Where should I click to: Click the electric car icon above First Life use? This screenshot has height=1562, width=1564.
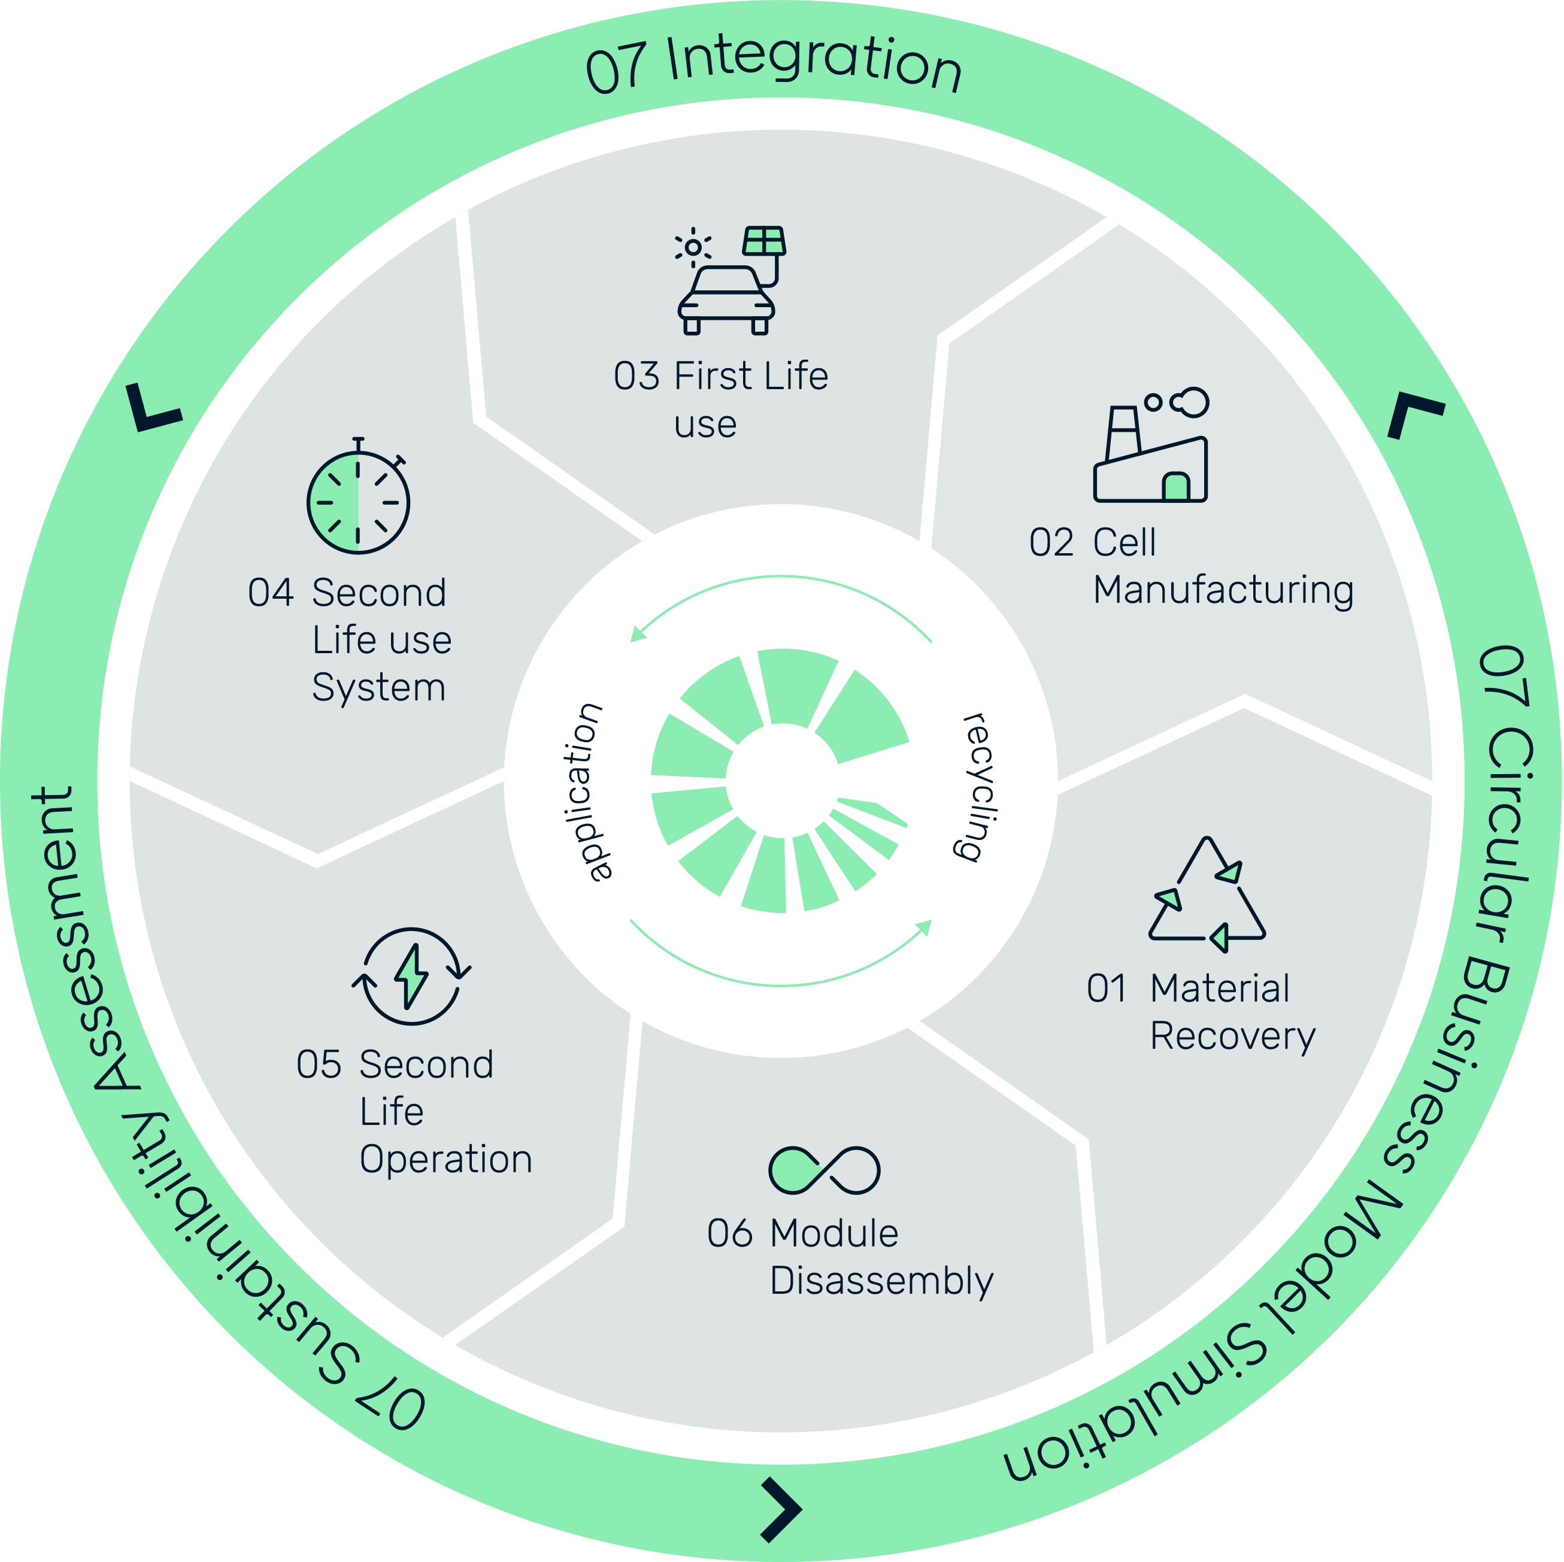pyautogui.click(x=726, y=299)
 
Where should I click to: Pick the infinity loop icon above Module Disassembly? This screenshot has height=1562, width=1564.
pyautogui.click(x=823, y=1170)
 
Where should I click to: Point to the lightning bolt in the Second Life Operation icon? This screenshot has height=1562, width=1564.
pyautogui.click(x=411, y=976)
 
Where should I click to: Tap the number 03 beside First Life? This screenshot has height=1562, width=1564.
pyautogui.click(x=636, y=377)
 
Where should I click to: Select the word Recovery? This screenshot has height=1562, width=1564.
pyautogui.click(x=1232, y=1037)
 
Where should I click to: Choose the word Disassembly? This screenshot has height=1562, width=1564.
pyautogui.click(x=881, y=1281)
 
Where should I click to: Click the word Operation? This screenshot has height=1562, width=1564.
pyautogui.click(x=446, y=1160)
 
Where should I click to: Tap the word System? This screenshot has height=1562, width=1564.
pyautogui.click(x=379, y=687)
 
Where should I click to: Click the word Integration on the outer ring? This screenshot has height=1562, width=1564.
pyautogui.click(x=814, y=63)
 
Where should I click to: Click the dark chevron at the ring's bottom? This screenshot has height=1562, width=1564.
pyautogui.click(x=780, y=1509)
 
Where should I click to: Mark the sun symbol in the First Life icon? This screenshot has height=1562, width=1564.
pyautogui.click(x=693, y=247)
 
